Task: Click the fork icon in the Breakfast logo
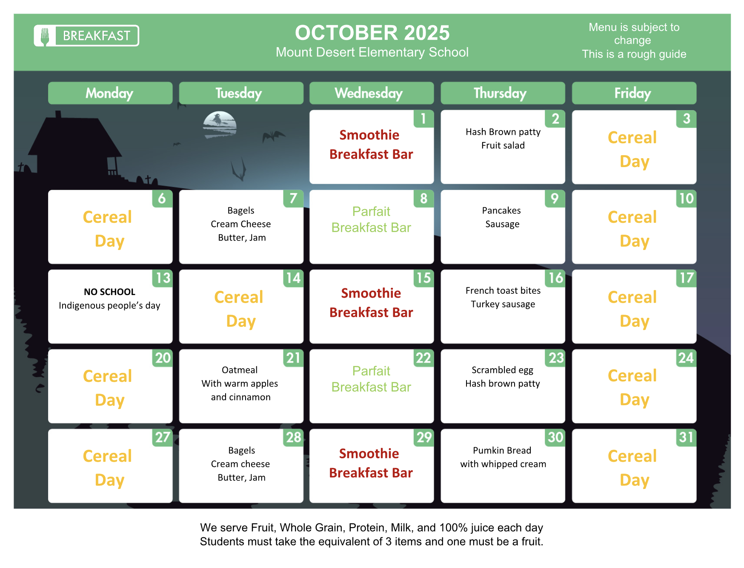[45, 36]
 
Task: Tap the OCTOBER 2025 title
[372, 33]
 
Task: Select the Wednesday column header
[372, 93]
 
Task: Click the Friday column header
[634, 93]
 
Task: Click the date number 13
[163, 278]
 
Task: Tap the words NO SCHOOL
[109, 292]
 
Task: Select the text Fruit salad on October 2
[503, 145]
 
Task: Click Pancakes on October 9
[501, 210]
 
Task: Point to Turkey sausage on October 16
[503, 304]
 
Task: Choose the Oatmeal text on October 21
[240, 370]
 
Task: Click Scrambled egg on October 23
[502, 370]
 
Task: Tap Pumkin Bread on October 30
[502, 450]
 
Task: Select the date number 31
[686, 437]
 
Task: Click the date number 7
[293, 198]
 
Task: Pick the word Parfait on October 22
[371, 371]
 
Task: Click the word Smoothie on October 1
[369, 135]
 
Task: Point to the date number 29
[424, 437]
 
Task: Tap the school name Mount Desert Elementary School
[372, 52]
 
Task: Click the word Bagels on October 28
[241, 451]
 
